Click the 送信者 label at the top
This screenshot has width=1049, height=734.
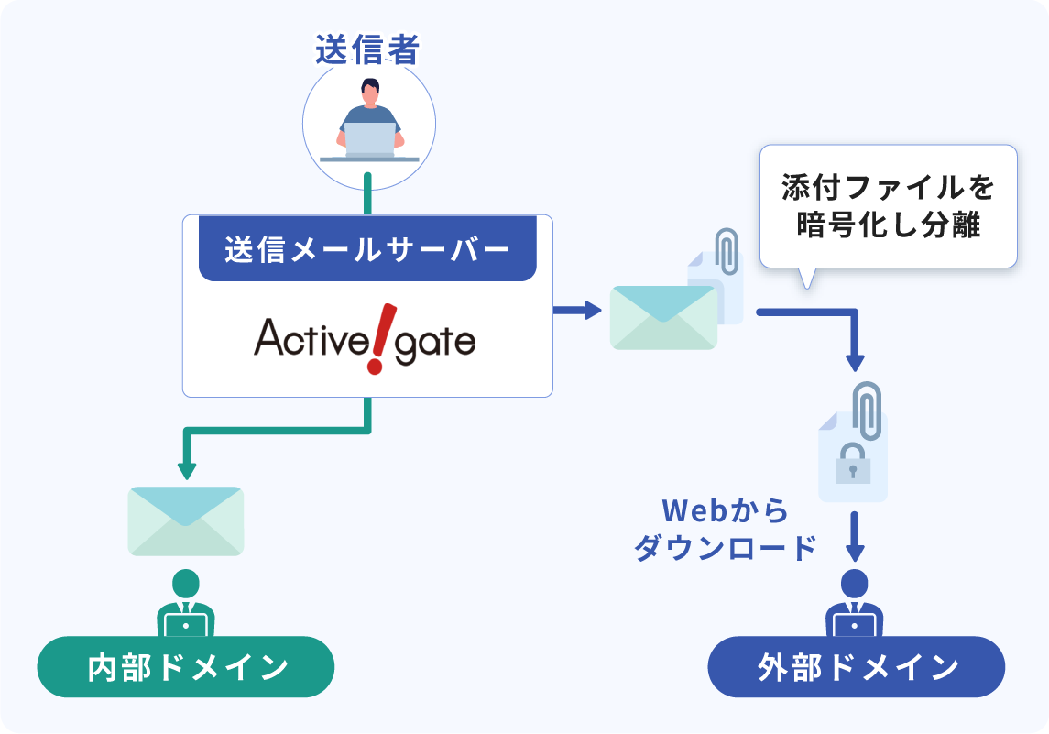coord(366,49)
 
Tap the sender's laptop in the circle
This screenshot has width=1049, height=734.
coord(370,139)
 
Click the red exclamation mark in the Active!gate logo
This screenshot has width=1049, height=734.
coord(376,339)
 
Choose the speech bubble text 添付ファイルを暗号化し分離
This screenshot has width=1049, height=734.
coord(888,206)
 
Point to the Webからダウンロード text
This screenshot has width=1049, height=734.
coord(725,530)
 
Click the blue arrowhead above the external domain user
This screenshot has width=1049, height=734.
coord(854,553)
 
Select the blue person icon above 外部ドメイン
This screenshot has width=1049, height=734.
coord(854,605)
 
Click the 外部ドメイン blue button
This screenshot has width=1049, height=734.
coord(857,667)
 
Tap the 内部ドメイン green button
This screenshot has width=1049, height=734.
coord(186,667)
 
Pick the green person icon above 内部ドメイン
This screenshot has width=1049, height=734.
coord(186,605)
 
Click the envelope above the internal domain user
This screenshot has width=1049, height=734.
coord(186,520)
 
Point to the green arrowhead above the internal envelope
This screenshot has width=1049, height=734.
coord(187,471)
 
